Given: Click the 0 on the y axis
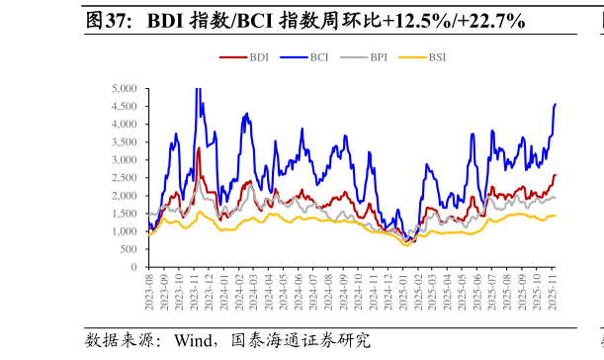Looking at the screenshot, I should [x=133, y=267].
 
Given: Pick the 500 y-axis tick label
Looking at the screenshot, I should [x=129, y=249].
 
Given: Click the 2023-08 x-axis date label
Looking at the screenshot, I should [x=149, y=294].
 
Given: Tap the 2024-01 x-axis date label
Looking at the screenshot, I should [x=224, y=294].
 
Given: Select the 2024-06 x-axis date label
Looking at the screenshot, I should [x=300, y=294].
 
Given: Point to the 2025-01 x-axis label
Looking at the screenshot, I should [x=405, y=294].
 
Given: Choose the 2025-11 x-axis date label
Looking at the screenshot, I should [x=556, y=294].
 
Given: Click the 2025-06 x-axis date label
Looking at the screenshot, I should [x=480, y=294].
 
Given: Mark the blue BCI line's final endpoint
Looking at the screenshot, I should [x=556, y=104].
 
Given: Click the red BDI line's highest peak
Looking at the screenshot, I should [x=199, y=148].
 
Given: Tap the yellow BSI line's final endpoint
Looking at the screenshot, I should [x=556, y=216].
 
